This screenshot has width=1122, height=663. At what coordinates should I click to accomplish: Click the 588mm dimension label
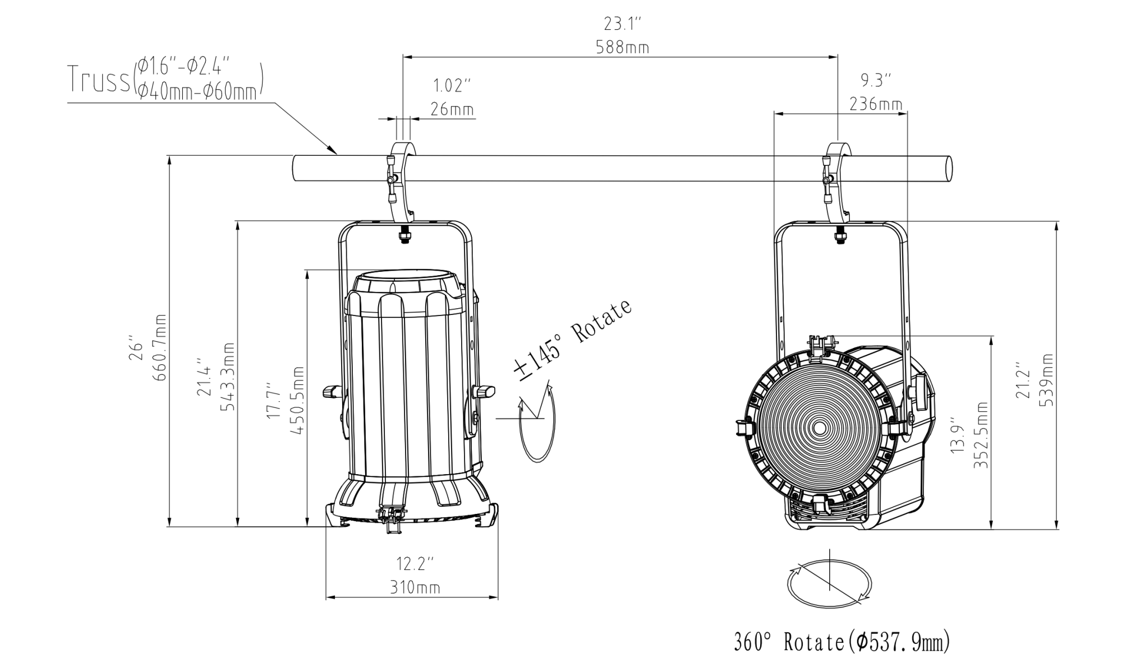pyautogui.click(x=622, y=47)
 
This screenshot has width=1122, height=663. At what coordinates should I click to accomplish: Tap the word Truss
pyautogui.click(x=99, y=80)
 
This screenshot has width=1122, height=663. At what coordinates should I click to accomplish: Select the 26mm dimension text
pyautogui.click(x=452, y=109)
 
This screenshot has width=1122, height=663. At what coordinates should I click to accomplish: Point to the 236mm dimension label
pyautogui.click(x=876, y=104)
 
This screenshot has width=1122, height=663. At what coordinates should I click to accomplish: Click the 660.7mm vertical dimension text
pyautogui.click(x=160, y=347)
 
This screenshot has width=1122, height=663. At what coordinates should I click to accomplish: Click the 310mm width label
pyautogui.click(x=415, y=588)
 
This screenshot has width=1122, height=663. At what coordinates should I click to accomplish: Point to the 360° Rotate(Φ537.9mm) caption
pyautogui.click(x=842, y=642)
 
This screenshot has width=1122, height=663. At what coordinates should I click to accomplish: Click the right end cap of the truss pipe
pyautogui.click(x=949, y=168)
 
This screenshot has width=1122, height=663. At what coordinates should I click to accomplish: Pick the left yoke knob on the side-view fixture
pyautogui.click(x=332, y=391)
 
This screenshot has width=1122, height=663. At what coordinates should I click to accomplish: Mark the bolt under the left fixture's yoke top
pyautogui.click(x=403, y=235)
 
